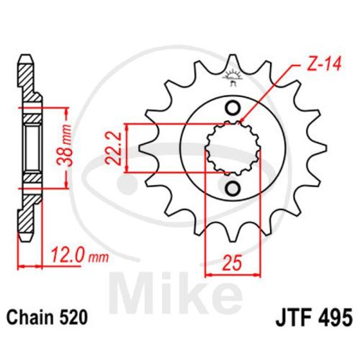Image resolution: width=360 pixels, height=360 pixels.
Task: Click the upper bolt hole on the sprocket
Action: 233,108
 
